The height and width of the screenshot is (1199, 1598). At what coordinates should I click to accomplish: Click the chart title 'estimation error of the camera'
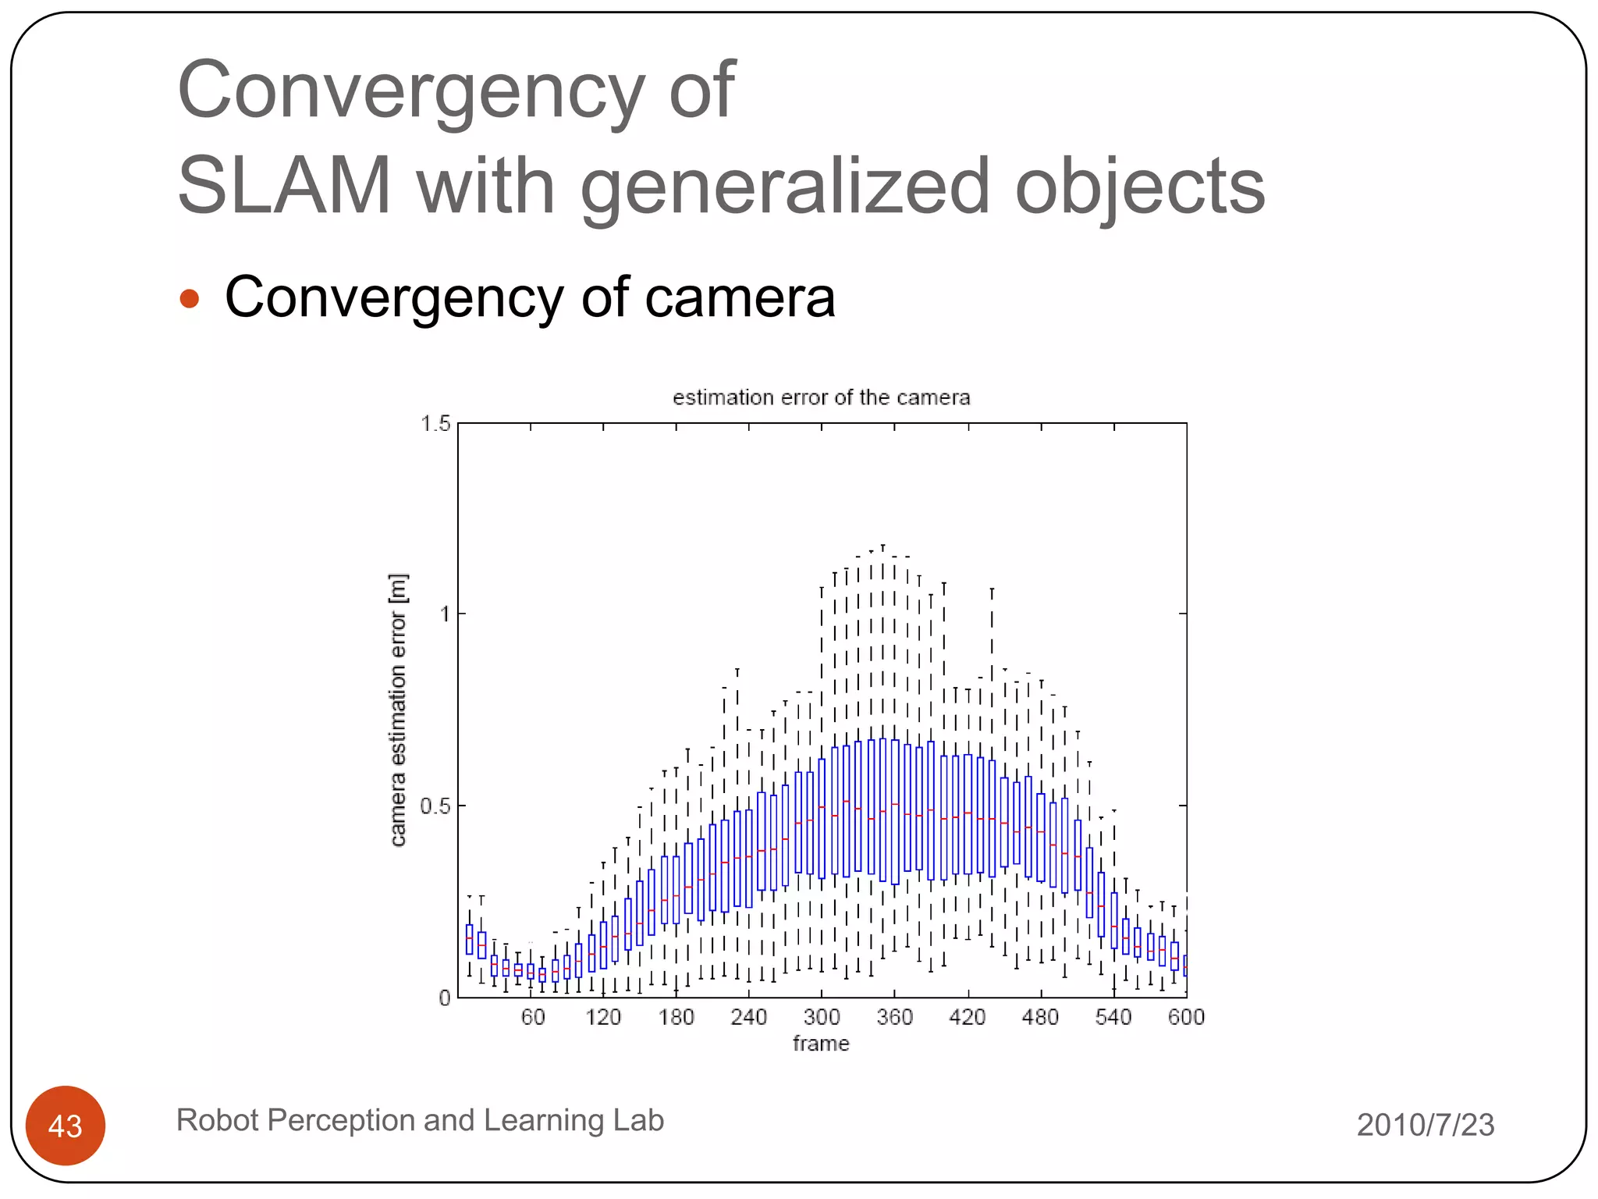coord(821,397)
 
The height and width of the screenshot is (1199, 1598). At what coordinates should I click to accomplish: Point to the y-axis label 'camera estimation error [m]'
coord(398,710)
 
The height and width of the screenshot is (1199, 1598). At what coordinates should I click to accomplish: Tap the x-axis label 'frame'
coord(821,1044)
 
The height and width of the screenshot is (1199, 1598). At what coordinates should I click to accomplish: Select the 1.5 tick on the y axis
coord(435,424)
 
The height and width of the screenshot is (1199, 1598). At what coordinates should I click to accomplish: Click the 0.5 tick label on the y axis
coord(435,806)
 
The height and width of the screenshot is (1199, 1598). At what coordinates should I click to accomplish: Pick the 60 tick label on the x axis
coord(533,1017)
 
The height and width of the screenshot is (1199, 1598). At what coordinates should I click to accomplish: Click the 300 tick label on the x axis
coord(822,1017)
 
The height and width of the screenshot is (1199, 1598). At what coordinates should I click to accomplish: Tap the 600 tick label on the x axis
coord(1186,1017)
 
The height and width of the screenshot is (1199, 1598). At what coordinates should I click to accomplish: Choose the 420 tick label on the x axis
coord(968,1017)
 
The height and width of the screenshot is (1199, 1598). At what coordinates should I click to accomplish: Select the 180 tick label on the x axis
coord(676,1017)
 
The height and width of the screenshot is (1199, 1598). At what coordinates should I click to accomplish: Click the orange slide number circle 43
coord(66,1126)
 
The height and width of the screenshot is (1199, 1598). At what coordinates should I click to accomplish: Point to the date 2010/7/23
coord(1425,1125)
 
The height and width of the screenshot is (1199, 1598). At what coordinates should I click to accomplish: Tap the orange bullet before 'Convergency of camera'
coord(190,299)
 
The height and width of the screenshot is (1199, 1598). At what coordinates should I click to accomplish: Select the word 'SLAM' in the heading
coord(284,186)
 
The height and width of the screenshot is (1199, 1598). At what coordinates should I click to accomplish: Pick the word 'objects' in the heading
coord(1139,186)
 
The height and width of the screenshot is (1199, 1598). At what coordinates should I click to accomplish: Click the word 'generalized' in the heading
coord(785,186)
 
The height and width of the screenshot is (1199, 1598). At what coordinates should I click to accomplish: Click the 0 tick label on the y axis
coord(444,998)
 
